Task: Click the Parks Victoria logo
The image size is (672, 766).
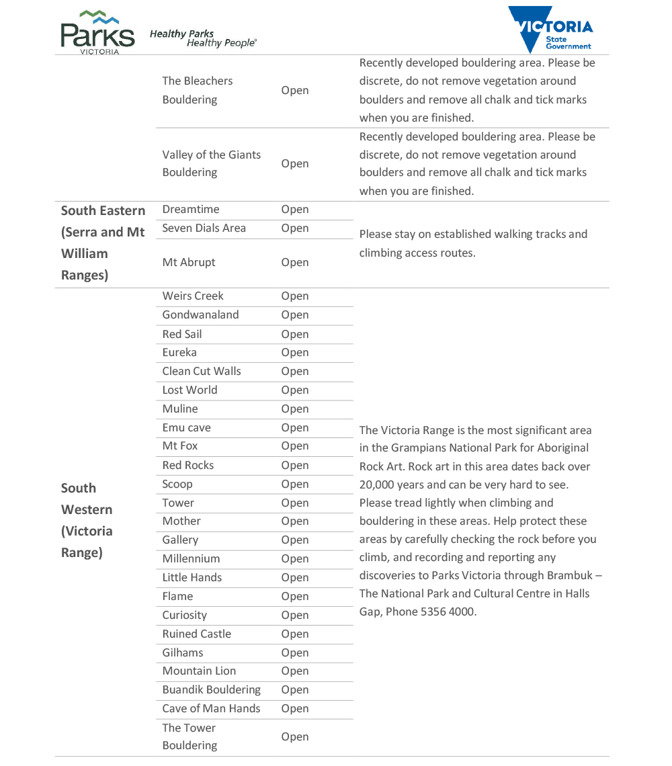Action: coord(97,32)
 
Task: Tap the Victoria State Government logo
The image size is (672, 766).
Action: coord(550,30)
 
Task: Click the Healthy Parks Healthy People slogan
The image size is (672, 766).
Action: coord(203,38)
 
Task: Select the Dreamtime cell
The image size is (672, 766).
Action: coord(191,210)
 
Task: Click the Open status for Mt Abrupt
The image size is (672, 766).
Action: coord(295,263)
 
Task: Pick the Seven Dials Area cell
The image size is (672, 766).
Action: coord(204,228)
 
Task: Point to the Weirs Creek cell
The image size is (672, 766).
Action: coord(193,296)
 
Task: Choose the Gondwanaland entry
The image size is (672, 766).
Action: coord(200,315)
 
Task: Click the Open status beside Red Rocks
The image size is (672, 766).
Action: coord(295,466)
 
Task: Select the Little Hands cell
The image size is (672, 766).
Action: coord(192,578)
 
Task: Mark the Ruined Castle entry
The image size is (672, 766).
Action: coord(196,634)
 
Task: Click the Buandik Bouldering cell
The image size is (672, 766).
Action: coord(211,690)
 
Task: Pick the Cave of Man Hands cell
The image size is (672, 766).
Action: coord(211,709)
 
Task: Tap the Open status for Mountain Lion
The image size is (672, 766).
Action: coord(295,671)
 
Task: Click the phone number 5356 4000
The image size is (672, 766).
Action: coord(448,612)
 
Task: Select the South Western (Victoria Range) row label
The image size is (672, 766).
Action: coord(87,520)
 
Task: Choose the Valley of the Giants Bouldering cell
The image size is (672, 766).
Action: coord(211,163)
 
